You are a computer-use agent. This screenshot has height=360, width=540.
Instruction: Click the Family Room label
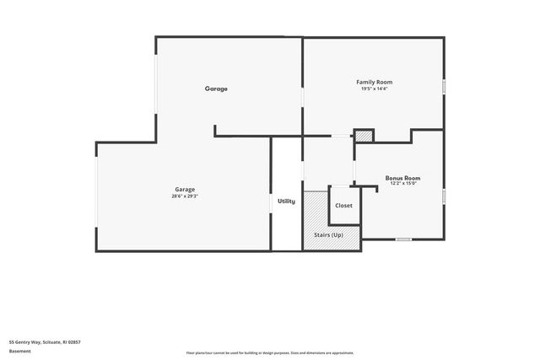click(x=374, y=82)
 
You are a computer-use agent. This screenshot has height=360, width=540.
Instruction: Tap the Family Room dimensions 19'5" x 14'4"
click(x=374, y=89)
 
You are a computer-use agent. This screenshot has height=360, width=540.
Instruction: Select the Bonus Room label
click(x=402, y=178)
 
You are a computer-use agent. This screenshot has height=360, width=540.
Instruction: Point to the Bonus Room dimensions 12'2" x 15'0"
click(x=402, y=184)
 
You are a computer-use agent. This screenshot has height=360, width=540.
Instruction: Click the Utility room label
click(x=286, y=201)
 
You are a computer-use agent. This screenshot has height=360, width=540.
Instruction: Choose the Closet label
click(x=343, y=206)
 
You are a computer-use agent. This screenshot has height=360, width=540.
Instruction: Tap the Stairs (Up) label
click(x=328, y=234)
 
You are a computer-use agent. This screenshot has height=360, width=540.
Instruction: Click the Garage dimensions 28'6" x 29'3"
click(x=185, y=196)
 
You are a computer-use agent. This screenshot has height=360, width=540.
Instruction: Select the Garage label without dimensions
click(x=216, y=89)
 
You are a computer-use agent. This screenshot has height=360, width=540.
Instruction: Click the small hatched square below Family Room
click(x=363, y=135)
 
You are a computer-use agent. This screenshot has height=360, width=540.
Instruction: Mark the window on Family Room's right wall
click(x=444, y=86)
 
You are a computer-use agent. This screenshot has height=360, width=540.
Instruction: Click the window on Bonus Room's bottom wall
click(x=403, y=239)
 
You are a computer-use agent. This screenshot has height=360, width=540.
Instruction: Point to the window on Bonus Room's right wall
click(x=444, y=196)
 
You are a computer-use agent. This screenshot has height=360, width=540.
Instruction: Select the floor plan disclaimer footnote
click(x=270, y=353)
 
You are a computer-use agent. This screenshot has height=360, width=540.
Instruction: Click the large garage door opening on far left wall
click(x=96, y=195)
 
